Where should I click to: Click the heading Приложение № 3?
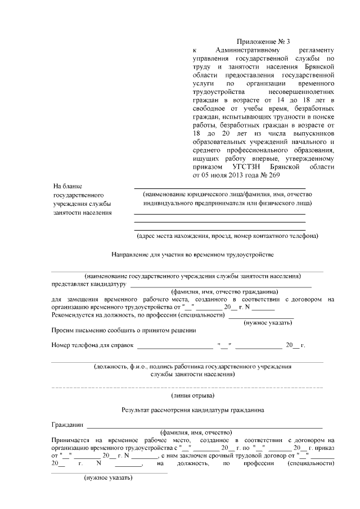pos(263,41)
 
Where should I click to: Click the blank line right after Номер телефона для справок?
pos(175,346)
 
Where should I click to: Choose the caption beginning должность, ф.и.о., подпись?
pos(192,366)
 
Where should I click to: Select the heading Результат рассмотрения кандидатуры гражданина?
pos(192,411)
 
